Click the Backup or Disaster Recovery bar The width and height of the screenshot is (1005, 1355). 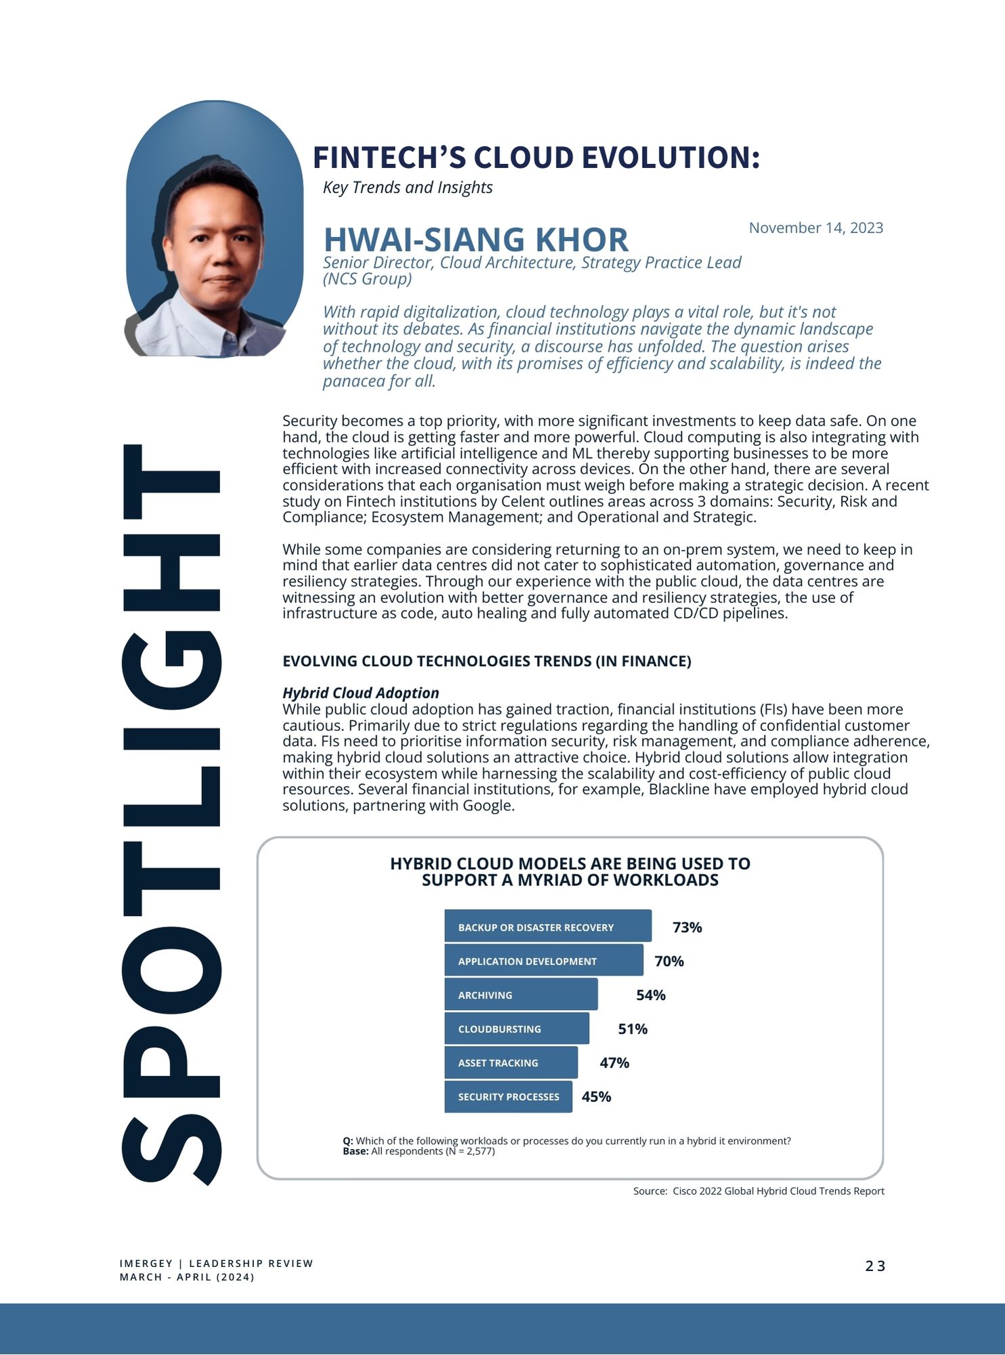click(x=547, y=926)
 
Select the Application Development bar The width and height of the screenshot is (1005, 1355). click(x=543, y=960)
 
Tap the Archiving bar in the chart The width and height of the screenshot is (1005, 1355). click(x=521, y=994)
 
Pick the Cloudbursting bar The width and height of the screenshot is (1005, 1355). click(x=516, y=1028)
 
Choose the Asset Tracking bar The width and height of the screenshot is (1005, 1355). click(x=511, y=1062)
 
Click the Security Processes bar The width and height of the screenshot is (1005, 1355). click(x=508, y=1096)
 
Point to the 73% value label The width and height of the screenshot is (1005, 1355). click(x=687, y=927)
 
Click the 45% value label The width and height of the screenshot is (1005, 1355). click(x=596, y=1096)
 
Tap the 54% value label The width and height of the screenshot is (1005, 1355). click(x=650, y=995)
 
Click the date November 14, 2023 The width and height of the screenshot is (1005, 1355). click(x=815, y=228)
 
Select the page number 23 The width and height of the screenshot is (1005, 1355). click(x=875, y=1266)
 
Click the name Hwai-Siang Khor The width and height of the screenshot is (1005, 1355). click(x=475, y=240)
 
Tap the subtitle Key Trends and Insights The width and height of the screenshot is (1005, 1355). click(x=408, y=187)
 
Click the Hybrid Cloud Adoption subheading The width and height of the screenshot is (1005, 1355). click(x=360, y=692)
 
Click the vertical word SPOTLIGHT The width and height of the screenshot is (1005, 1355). click(x=171, y=813)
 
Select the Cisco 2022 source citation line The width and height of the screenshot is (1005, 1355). click(x=758, y=1191)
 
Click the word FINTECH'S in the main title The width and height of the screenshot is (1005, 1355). click(x=388, y=157)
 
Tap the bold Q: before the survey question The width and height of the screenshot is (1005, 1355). click(x=348, y=1141)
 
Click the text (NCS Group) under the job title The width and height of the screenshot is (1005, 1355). click(x=367, y=278)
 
